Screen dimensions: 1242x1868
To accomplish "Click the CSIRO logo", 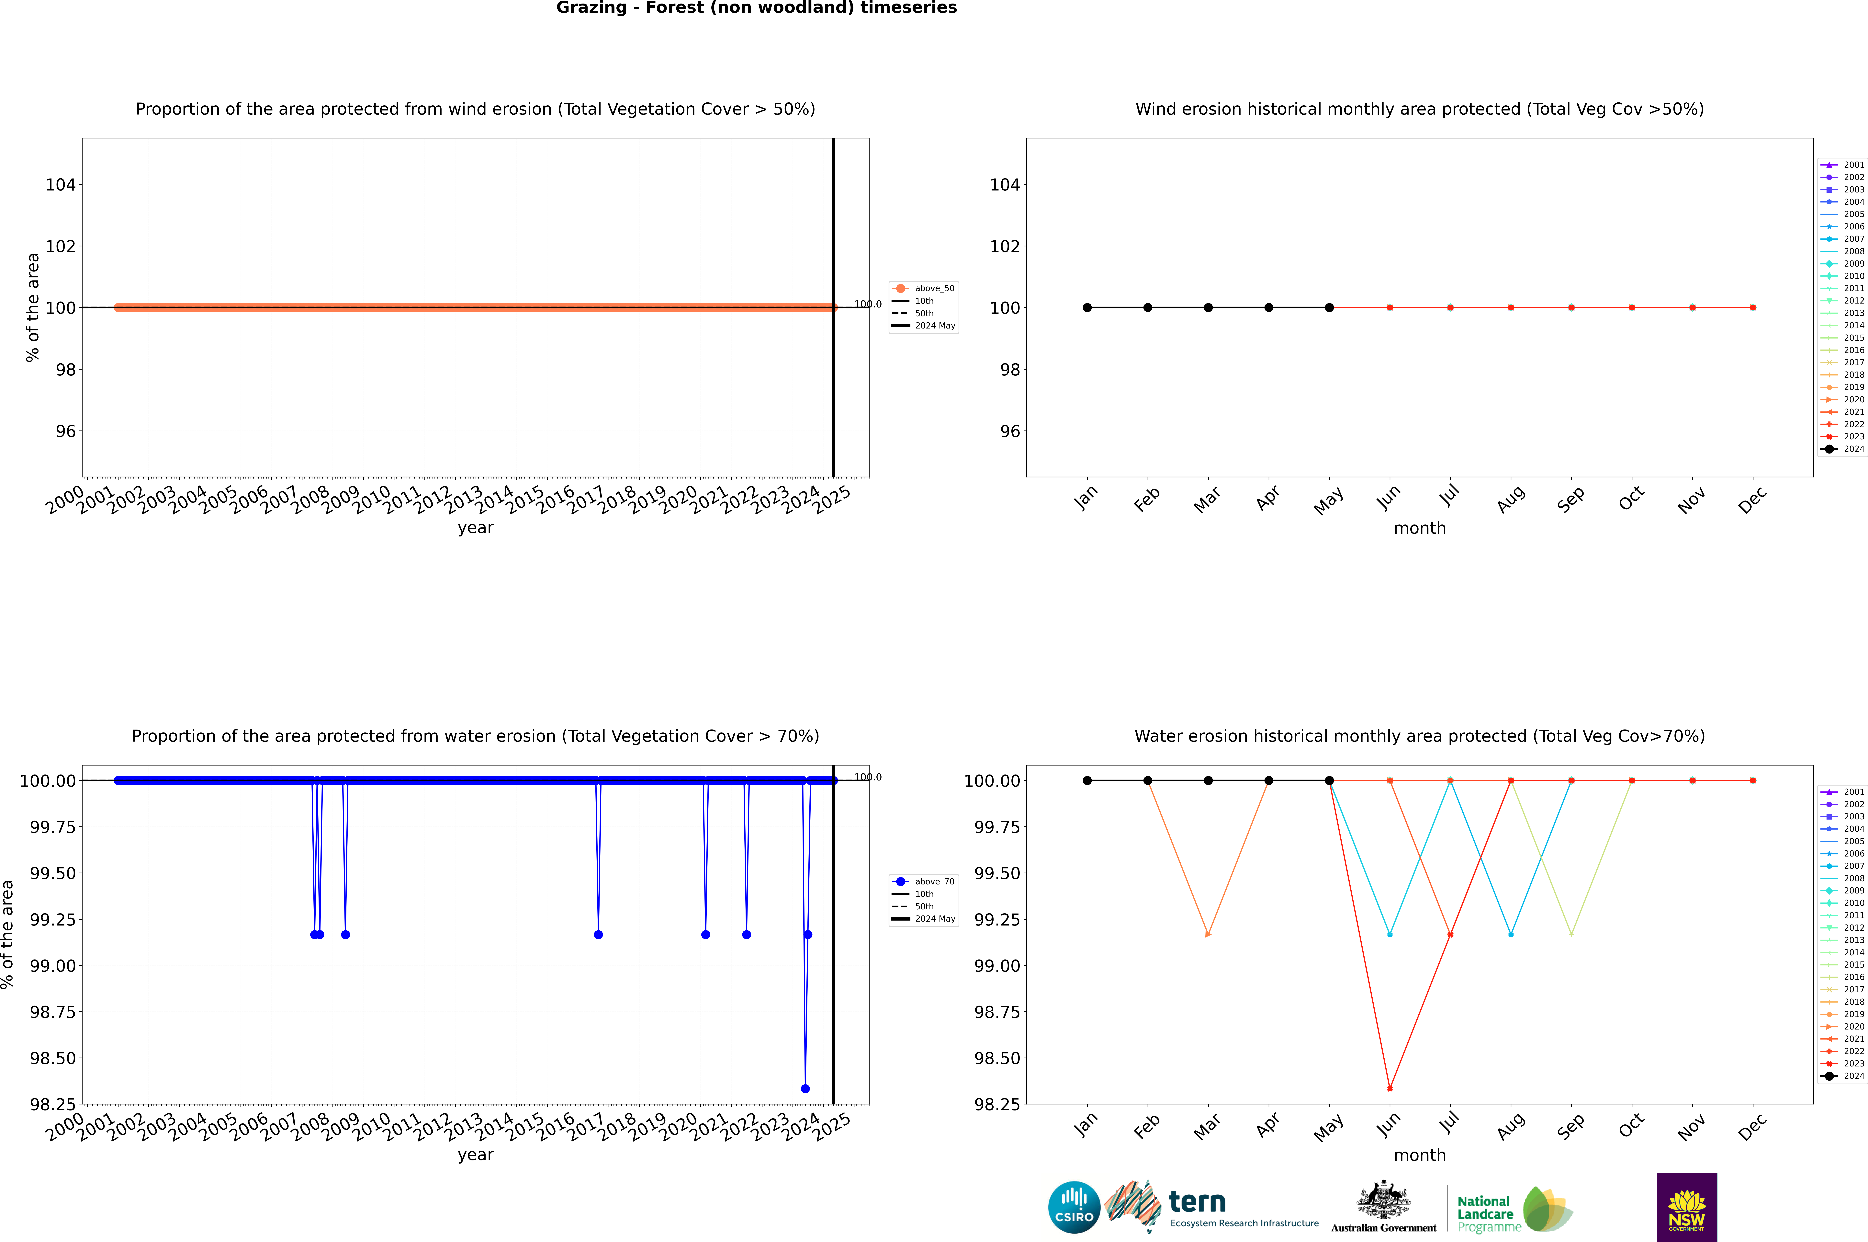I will coord(1074,1207).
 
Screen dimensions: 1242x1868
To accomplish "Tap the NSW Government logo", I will coord(1687,1207).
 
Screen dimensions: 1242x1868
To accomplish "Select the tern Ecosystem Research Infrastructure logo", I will coord(1211,1207).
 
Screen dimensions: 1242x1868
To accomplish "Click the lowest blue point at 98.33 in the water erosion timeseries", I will coord(805,1088).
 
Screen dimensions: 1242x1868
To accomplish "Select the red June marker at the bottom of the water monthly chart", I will coord(1390,1088).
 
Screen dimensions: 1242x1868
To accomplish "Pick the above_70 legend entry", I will coord(923,882).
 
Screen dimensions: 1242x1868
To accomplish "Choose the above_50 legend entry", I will coord(923,288).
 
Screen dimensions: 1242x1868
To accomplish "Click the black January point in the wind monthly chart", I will coord(1087,307).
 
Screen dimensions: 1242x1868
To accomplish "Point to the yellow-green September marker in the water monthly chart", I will coord(1571,935).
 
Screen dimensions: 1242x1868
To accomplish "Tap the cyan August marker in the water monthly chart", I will coord(1511,935).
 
